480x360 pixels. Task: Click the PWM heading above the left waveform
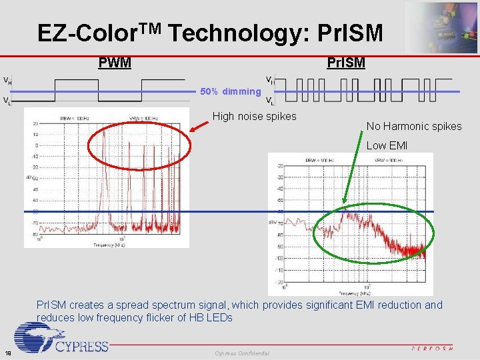[115, 63]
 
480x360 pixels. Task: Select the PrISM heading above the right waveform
[345, 63]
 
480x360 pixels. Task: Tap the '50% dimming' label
[231, 91]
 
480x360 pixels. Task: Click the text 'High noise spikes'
[254, 117]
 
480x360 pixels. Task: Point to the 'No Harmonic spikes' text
[413, 126]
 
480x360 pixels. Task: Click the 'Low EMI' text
[387, 145]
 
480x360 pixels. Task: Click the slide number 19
[7, 353]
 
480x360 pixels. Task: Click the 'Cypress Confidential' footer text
[242, 353]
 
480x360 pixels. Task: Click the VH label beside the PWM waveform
[7, 81]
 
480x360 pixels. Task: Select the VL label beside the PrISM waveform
[269, 101]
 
